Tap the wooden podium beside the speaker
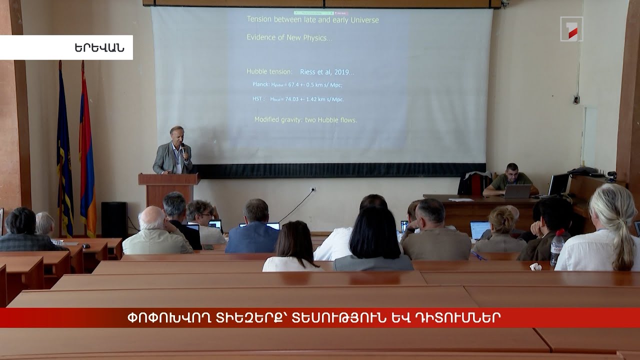168,187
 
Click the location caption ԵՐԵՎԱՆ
99,48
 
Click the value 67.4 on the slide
295,85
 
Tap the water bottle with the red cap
557,247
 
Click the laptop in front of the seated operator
517,191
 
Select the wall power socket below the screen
313,189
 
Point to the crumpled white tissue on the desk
535,266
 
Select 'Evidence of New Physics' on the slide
289,37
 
